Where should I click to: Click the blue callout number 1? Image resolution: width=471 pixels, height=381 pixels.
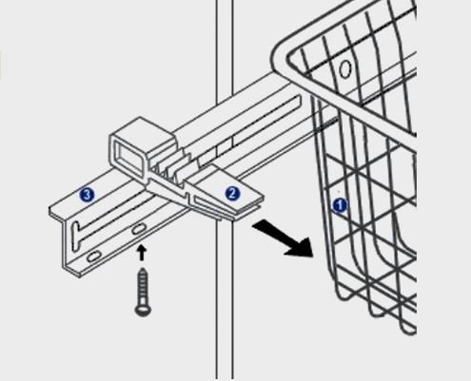point(340,205)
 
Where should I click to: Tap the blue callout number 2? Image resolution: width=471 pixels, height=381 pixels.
point(232,194)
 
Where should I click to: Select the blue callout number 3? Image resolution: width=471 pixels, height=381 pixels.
point(87,195)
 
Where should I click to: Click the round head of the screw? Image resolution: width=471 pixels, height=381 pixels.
point(143,310)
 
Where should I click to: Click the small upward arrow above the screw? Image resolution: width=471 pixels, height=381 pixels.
point(142,253)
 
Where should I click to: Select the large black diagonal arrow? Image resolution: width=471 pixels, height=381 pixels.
point(283,238)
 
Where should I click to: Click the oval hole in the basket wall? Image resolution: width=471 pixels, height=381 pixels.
point(345,68)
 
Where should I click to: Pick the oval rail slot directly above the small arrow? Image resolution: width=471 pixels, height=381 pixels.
point(139,229)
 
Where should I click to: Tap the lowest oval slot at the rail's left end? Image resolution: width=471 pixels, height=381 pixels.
point(93,256)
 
